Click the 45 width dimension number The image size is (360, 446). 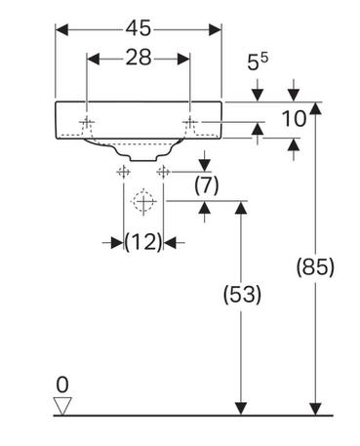(x=139, y=28)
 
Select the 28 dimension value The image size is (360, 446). (x=139, y=58)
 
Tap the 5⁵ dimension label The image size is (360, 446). (x=258, y=61)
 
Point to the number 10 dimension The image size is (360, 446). (x=294, y=118)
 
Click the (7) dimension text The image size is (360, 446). (x=207, y=185)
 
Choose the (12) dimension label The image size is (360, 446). (x=143, y=242)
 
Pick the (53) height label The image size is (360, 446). (x=242, y=295)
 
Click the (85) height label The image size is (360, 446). (x=315, y=267)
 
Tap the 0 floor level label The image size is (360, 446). (x=62, y=385)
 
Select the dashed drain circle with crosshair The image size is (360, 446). (x=142, y=201)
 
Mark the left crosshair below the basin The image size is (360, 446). (x=124, y=172)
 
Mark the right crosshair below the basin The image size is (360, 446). (x=163, y=172)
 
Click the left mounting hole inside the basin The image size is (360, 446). (x=87, y=122)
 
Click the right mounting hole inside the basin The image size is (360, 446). (x=189, y=122)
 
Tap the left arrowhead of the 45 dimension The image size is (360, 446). (x=61, y=29)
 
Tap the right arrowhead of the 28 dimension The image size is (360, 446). (x=183, y=59)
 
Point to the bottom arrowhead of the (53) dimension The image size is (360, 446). (x=241, y=409)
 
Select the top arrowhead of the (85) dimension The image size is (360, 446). (x=315, y=108)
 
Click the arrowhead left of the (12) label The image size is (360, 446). (x=117, y=242)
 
